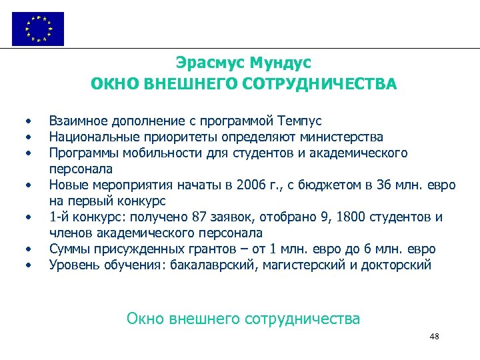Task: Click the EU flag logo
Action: [38, 29]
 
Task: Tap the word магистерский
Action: [295, 265]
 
